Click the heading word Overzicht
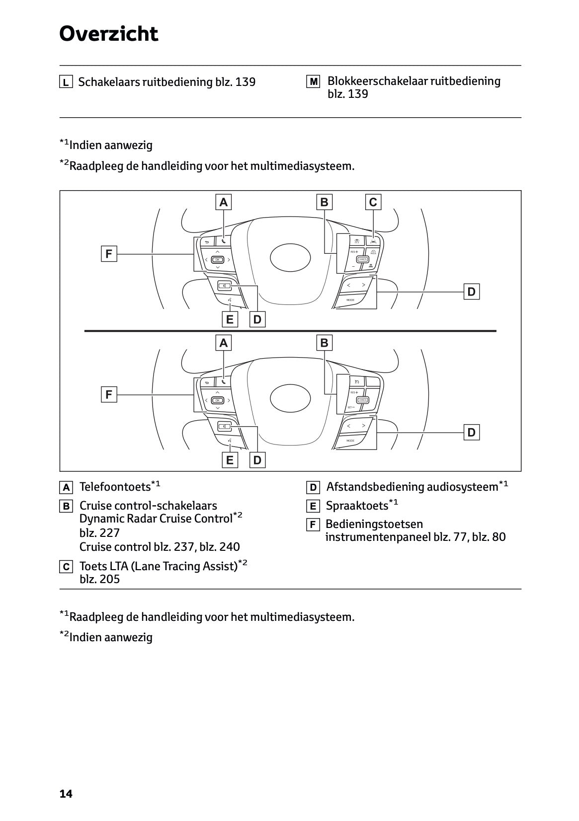[108, 34]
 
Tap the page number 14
[66, 794]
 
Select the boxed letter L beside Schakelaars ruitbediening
[66, 82]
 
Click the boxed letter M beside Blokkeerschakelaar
[313, 81]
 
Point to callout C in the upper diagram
[373, 202]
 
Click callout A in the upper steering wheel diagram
[224, 202]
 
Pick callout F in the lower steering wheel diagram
[109, 395]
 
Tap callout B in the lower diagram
[324, 343]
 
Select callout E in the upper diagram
[229, 319]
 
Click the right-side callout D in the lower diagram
[471, 433]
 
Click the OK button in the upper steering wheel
[218, 259]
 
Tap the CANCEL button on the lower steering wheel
[362, 400]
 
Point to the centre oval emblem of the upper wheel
[290, 257]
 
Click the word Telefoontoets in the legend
[115, 487]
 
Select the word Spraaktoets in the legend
[357, 506]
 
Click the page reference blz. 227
[99, 533]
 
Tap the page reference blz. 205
[99, 579]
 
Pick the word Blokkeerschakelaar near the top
[377, 81]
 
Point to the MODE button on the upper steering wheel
[350, 300]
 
